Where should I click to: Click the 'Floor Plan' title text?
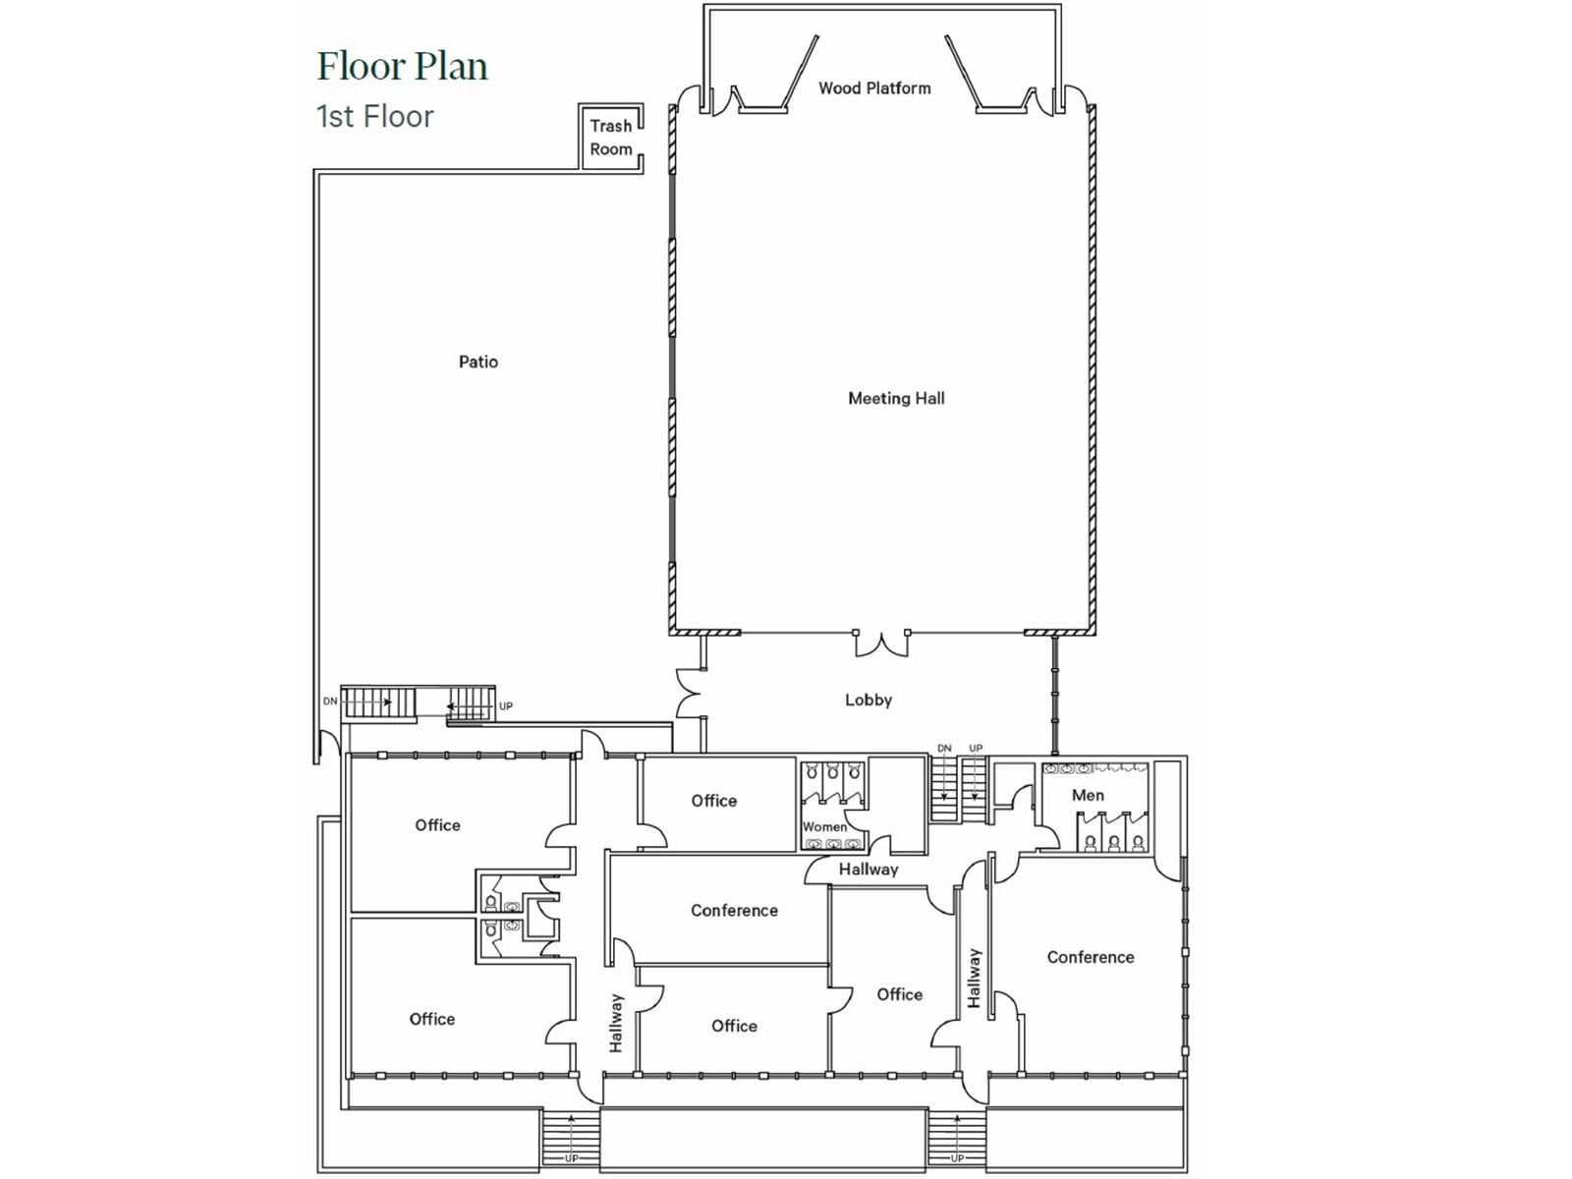pos(402,67)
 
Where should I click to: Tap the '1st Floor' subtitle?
pos(374,117)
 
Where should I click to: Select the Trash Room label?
pos(610,138)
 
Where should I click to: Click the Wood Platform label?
pos(874,88)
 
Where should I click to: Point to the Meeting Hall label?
pos(896,398)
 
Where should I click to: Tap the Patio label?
pos(478,362)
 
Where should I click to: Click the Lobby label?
pos(869,700)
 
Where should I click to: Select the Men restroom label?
pos(1088,795)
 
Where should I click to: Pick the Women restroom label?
pos(824,826)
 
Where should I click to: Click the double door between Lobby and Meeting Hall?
pos(881,644)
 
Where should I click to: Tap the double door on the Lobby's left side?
pos(688,694)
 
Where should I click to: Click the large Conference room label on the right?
pos(1091,957)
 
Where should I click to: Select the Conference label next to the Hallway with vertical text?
pos(734,911)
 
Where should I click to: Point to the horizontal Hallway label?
pos(869,870)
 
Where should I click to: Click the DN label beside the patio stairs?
pos(330,702)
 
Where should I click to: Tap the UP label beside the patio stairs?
pos(506,706)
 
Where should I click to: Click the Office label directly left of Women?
pos(713,801)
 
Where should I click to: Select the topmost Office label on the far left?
pos(437,825)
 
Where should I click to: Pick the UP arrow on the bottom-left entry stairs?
pos(571,1140)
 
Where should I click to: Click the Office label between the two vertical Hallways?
pos(899,994)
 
